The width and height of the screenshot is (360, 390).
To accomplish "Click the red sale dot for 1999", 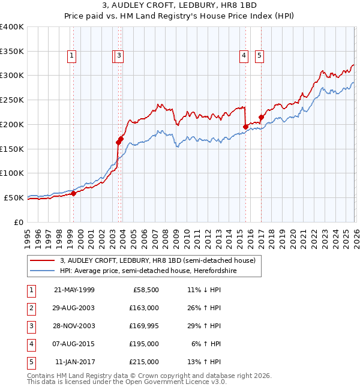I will (73, 193).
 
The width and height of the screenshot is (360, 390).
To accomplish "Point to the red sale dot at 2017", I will (261, 118).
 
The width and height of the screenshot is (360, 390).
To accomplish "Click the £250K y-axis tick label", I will (12, 100).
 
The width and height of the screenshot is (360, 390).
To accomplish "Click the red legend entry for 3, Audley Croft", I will (158, 260).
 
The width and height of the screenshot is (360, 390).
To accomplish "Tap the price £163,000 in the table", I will (144, 308).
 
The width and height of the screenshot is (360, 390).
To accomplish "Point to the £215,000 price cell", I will (144, 362).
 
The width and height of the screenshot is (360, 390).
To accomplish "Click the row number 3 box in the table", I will (31, 326).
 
